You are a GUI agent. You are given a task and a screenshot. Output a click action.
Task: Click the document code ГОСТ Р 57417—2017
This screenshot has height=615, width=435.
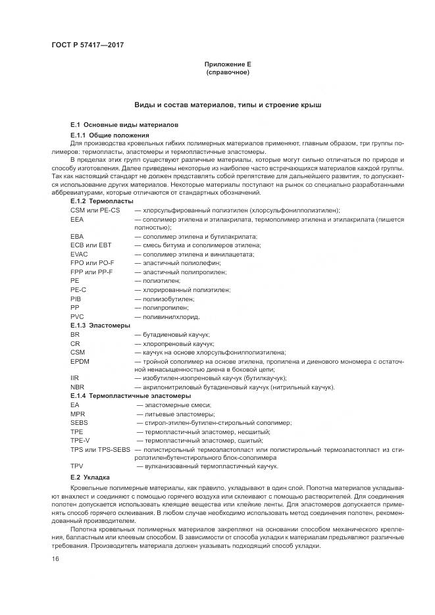pyautogui.click(x=87, y=45)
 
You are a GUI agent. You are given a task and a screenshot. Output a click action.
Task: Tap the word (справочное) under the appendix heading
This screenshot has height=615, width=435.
pyautogui.click(x=228, y=72)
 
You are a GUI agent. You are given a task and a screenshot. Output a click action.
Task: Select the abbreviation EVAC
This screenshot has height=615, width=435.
pyautogui.click(x=79, y=254)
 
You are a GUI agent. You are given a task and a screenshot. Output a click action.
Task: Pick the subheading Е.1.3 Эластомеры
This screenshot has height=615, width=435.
pyautogui.click(x=100, y=325)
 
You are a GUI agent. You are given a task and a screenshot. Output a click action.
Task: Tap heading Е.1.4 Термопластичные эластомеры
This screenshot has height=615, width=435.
pyautogui.click(x=130, y=396)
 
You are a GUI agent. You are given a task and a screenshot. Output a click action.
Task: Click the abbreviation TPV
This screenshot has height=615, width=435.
pyautogui.click(x=76, y=466)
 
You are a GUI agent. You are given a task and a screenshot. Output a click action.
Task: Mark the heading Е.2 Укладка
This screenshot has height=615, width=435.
pyautogui.click(x=91, y=476)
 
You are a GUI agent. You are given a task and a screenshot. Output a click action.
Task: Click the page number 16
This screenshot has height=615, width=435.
pyautogui.click(x=55, y=558)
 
